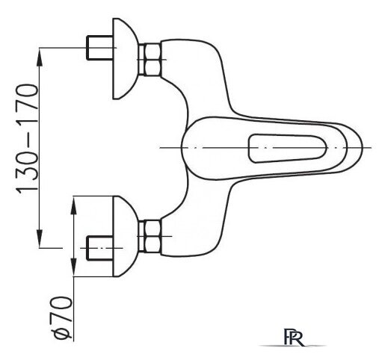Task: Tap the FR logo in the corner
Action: [294, 337]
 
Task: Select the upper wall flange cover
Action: [124, 59]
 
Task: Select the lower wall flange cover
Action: [124, 236]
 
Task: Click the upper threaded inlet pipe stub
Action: [99, 48]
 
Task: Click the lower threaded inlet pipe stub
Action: [99, 248]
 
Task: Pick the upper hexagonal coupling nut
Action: [150, 59]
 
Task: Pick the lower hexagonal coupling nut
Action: [150, 236]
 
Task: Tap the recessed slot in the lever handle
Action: [287, 148]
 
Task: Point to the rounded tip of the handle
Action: [362, 147]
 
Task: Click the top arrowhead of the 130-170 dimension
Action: [40, 57]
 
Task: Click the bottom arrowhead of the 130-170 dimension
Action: [40, 239]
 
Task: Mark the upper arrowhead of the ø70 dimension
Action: [73, 205]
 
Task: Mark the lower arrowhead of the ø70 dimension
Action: [73, 267]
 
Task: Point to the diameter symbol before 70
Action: [61, 333]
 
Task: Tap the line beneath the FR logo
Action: [293, 346]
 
